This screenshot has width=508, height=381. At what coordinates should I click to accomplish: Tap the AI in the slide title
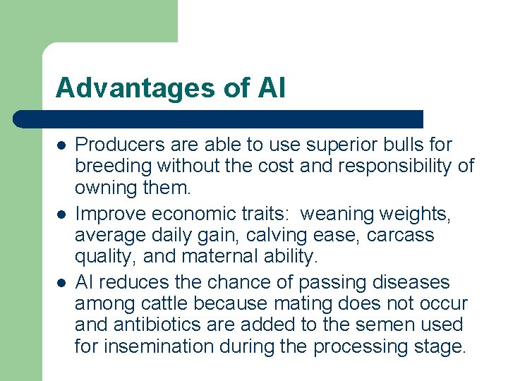pyautogui.click(x=272, y=88)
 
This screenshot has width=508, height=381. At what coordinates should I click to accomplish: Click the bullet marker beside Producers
pyautogui.click(x=61, y=145)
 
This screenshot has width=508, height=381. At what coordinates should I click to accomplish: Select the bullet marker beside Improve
pyautogui.click(x=61, y=214)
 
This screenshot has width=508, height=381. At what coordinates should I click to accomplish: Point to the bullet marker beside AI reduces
pyautogui.click(x=61, y=283)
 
